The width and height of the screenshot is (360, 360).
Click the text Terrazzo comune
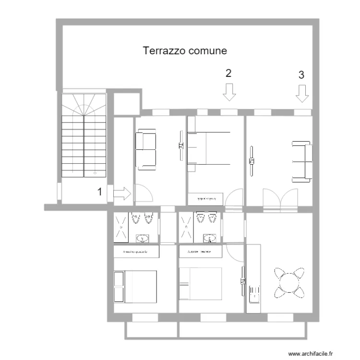pyautogui.click(x=185, y=50)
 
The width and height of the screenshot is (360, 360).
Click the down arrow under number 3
pyautogui.click(x=302, y=93)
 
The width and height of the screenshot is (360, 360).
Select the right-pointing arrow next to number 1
pyautogui.click(x=122, y=193)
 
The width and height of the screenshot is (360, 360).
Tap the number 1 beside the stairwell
pyautogui.click(x=100, y=192)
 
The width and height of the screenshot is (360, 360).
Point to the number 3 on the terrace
pyautogui.click(x=301, y=75)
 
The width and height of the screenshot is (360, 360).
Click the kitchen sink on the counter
pyautogui.click(x=254, y=293)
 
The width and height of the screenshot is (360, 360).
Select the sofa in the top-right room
pyautogui.click(x=302, y=162)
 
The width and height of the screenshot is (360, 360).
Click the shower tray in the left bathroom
pyautogui.click(x=121, y=227)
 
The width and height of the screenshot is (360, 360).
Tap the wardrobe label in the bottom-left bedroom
pyautogui.click(x=136, y=252)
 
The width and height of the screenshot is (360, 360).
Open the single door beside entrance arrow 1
pyautogui.click(x=144, y=194)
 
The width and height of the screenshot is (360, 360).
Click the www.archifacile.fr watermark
pyautogui.click(x=310, y=353)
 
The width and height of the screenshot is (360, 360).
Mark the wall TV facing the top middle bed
pyautogui.click(x=180, y=146)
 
